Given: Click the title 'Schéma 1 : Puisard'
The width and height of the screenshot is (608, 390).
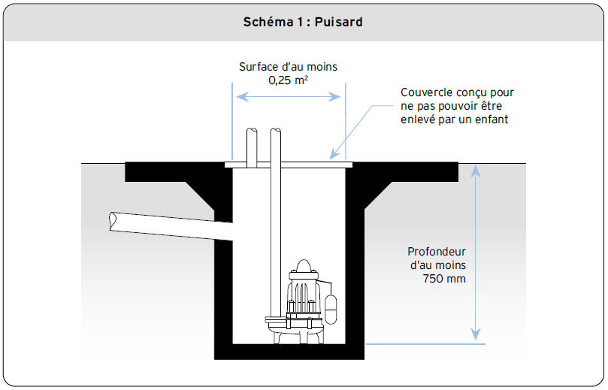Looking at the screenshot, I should coord(303,22).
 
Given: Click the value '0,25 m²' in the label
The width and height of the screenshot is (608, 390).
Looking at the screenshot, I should coord(288,80).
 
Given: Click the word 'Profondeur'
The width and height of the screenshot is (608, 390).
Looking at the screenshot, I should coord(437,252).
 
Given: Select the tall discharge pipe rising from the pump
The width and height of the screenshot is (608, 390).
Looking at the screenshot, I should coord(275,210).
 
